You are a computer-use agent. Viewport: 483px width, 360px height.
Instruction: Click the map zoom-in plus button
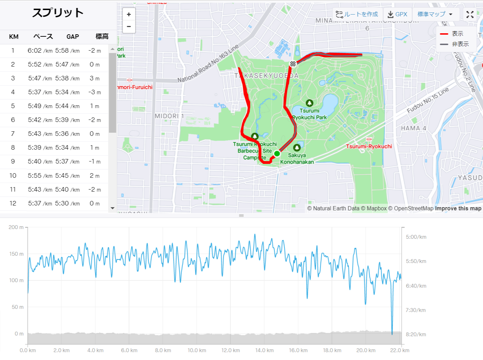tap(129, 15)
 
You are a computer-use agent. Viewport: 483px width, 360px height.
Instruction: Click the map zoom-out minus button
tap(129, 27)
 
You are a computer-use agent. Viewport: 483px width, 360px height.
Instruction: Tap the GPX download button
tap(397, 14)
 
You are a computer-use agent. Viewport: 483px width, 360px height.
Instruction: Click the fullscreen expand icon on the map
tap(470, 15)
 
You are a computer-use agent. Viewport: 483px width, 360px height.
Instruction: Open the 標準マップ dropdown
tap(435, 14)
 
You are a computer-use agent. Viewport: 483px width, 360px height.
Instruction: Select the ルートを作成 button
tap(357, 14)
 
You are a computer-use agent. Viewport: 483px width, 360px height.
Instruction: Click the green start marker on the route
tap(277, 153)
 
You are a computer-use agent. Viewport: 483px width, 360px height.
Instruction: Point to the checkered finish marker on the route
tap(293, 64)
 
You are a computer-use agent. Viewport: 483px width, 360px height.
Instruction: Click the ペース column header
tap(43, 37)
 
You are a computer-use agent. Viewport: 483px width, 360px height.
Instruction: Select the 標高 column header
tap(102, 37)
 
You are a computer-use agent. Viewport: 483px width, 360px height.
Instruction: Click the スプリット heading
tap(58, 13)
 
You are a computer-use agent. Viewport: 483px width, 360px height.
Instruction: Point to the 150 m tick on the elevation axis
tap(16, 254)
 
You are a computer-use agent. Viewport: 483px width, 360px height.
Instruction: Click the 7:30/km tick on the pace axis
tap(415, 310)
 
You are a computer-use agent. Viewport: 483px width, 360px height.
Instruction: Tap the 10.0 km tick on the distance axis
tap(197, 350)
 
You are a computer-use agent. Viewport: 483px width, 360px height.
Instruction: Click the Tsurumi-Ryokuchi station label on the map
tap(369, 146)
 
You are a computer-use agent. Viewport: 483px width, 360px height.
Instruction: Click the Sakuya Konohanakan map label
tap(297, 159)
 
